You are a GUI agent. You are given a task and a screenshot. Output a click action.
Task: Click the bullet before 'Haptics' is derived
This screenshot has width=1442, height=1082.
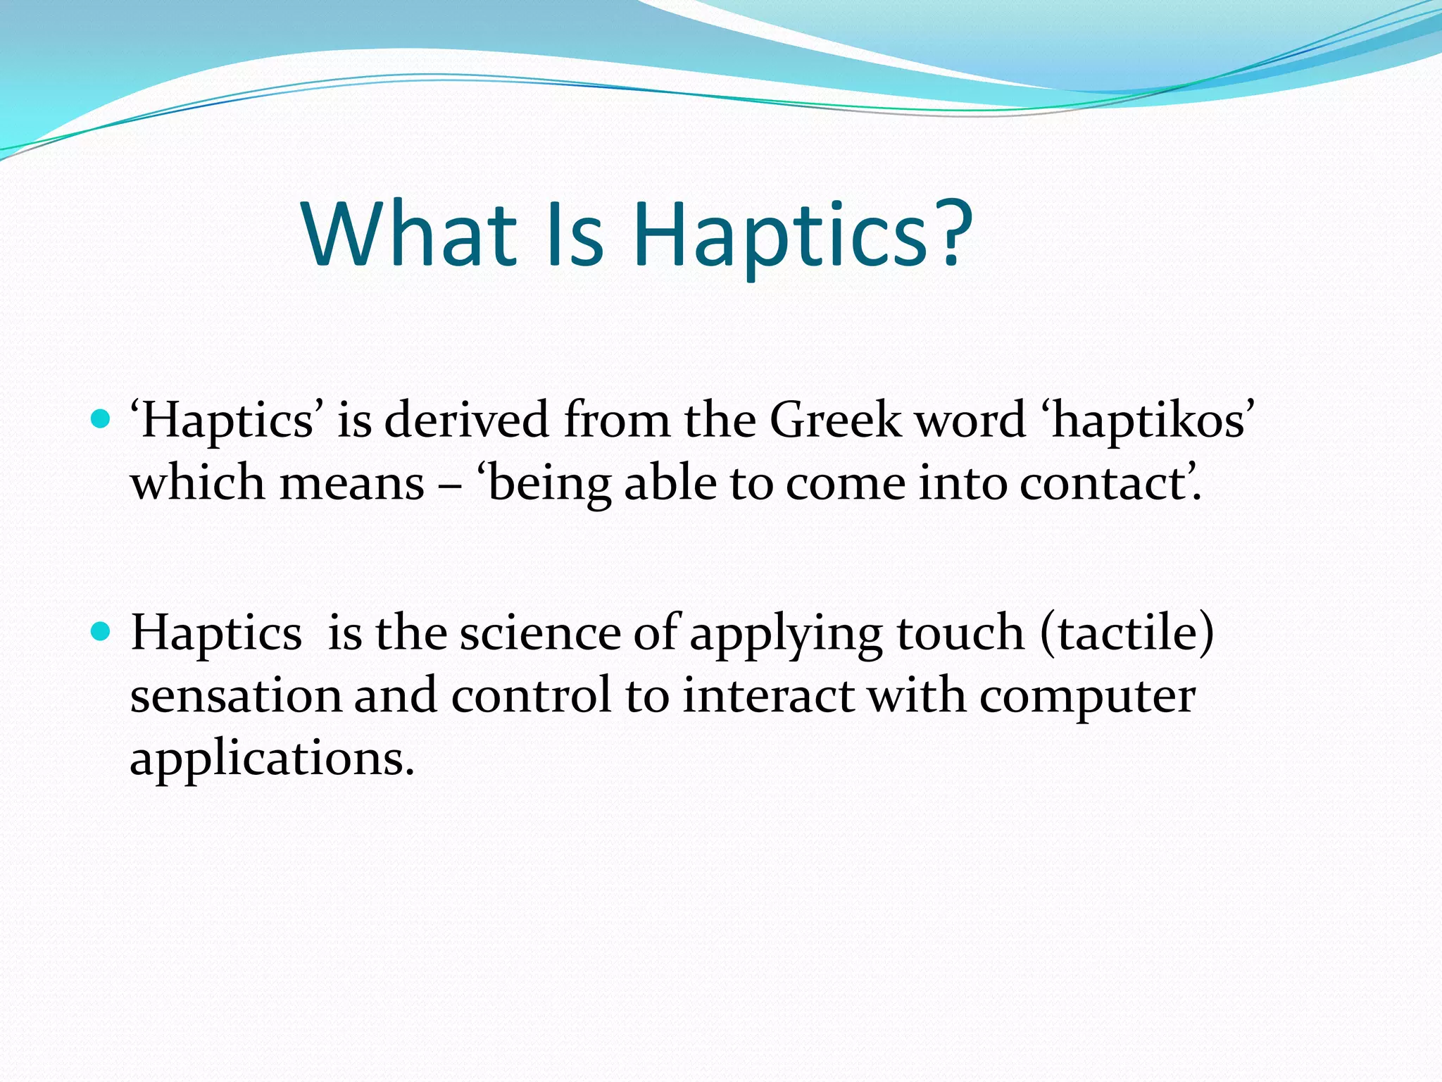click(101, 420)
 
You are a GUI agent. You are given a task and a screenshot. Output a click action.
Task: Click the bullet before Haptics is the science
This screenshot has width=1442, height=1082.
click(101, 631)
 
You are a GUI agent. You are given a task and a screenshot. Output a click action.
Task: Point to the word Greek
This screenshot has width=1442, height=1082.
click(835, 421)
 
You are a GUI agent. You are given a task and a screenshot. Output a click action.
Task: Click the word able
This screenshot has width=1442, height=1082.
click(670, 485)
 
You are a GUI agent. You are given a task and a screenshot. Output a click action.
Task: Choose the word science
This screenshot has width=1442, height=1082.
click(540, 633)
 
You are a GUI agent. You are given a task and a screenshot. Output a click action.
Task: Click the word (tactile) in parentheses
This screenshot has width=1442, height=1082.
click(1127, 633)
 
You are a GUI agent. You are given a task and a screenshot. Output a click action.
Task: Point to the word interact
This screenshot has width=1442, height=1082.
click(768, 696)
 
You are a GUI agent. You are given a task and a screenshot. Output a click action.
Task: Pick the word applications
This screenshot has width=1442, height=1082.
click(272, 759)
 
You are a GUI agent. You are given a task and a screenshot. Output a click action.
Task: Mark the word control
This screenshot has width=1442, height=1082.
click(531, 696)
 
